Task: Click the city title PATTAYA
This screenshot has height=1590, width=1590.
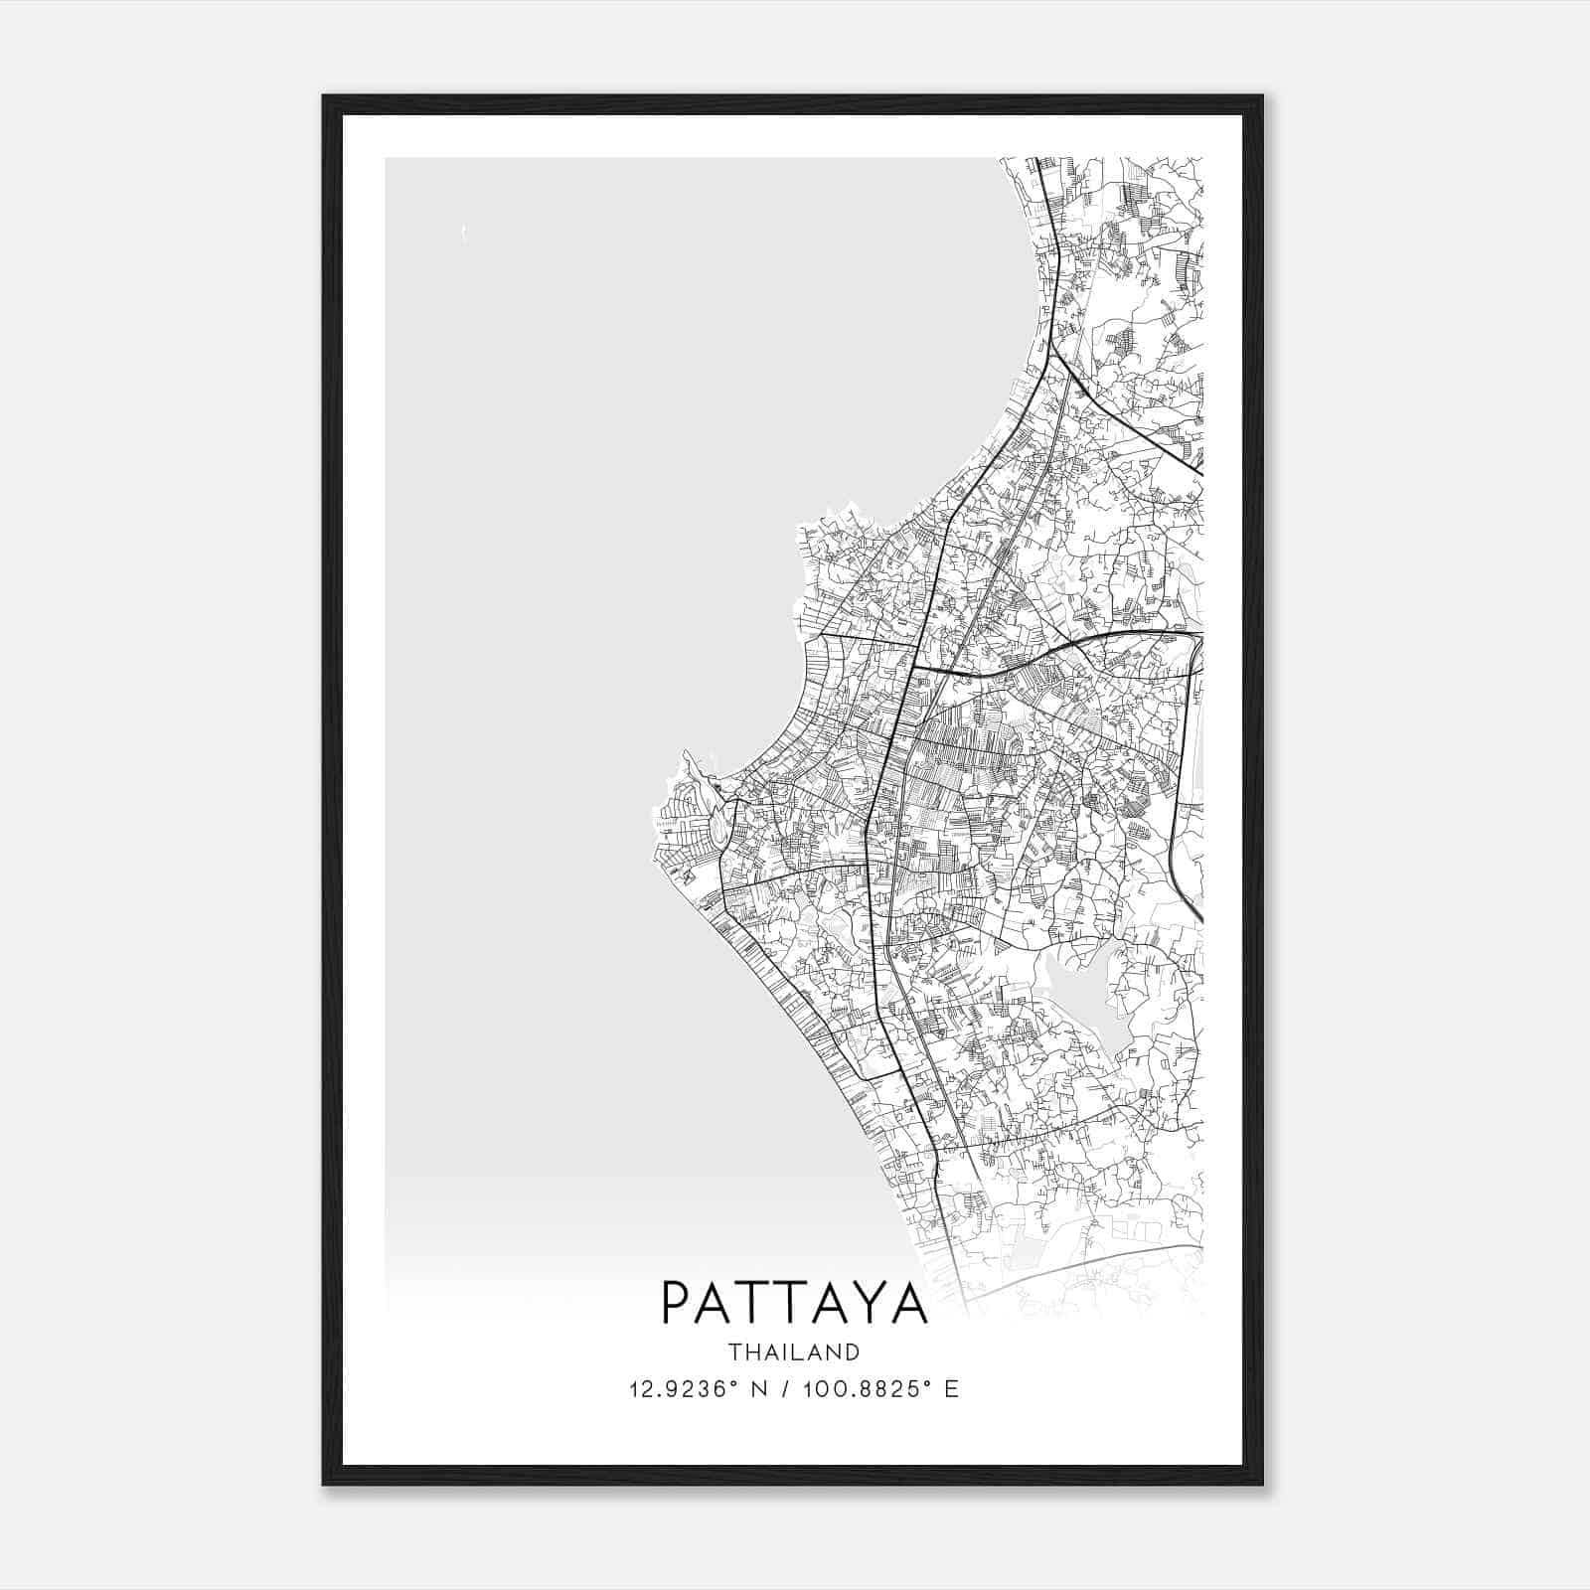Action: click(x=794, y=1304)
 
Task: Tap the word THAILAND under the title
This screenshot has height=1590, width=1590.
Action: click(x=794, y=1351)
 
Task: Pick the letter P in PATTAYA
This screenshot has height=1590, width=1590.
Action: click(x=677, y=1304)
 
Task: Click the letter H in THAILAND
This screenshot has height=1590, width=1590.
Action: click(x=752, y=1351)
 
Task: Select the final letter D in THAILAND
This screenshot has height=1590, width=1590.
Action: click(x=852, y=1351)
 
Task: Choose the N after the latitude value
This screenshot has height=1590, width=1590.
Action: click(x=760, y=1389)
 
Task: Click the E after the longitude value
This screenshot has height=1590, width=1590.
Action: click(x=952, y=1389)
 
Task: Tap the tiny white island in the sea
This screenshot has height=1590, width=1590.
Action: click(x=464, y=235)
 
